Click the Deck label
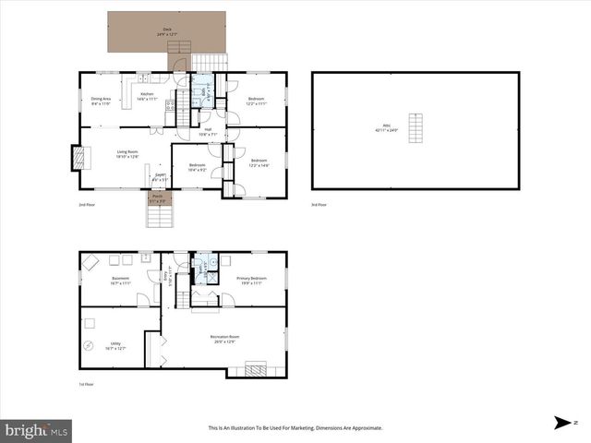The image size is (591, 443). pos(167,30)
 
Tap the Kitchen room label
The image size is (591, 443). pos(148,96)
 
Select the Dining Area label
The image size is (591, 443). pos(101,101)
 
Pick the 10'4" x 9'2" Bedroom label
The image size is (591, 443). pos(197,167)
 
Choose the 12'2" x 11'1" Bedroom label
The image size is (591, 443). pos(256,101)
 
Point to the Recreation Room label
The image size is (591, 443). pos(224,339)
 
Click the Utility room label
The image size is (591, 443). pos(115,346)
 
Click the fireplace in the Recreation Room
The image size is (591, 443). pos(252,369)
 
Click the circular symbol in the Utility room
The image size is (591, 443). pos(89,346)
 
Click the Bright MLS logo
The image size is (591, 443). pos(37,429)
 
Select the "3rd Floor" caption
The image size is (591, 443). pos(320,205)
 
